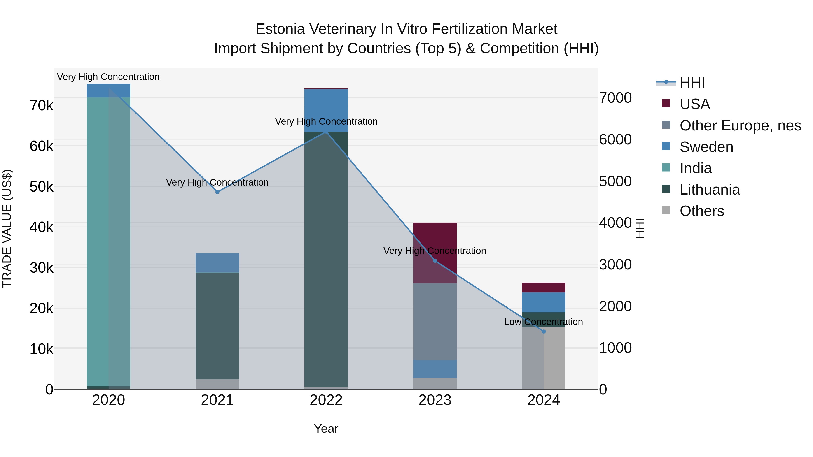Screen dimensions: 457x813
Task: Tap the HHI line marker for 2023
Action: click(435, 261)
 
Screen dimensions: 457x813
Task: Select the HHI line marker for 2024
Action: click(544, 332)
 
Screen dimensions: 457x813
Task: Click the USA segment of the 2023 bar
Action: click(435, 237)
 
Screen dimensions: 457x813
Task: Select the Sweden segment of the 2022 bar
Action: click(326, 110)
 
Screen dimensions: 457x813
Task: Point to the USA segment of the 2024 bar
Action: click(544, 287)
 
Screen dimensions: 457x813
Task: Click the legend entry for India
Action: click(696, 168)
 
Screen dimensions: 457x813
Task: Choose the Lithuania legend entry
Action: click(710, 190)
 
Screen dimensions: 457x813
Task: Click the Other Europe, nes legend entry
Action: click(740, 125)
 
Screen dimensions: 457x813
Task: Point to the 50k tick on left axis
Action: click(41, 187)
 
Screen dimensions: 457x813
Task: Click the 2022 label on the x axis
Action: click(326, 400)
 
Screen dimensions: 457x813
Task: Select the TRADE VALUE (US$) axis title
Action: click(7, 228)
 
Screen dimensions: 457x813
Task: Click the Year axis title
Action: click(326, 429)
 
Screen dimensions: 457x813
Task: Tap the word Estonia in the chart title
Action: click(280, 29)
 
